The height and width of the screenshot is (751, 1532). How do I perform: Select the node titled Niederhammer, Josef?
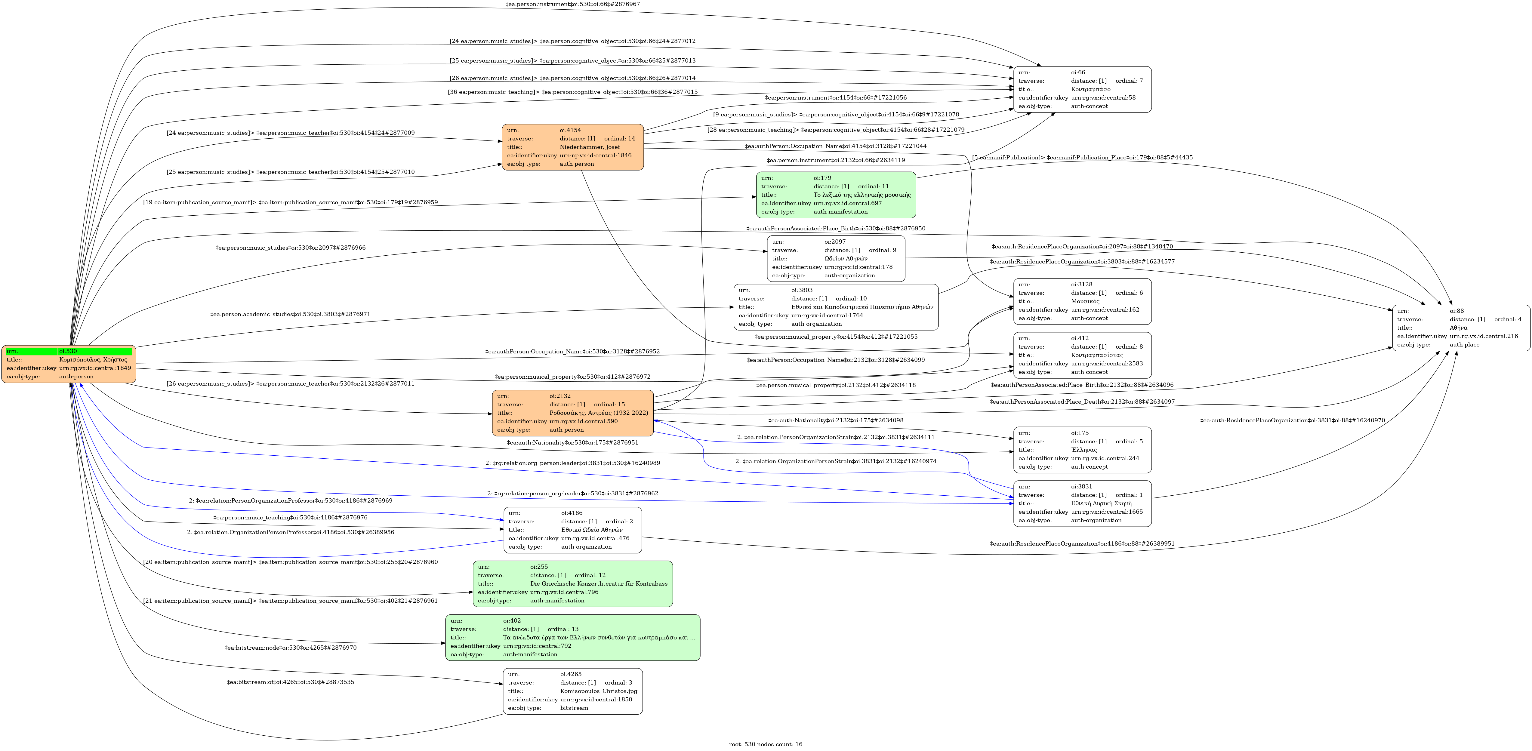(572, 147)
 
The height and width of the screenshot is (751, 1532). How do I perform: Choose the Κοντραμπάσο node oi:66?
(1082, 89)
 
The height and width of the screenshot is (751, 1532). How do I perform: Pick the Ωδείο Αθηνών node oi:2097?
(836, 258)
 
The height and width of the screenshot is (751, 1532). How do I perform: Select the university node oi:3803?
(836, 307)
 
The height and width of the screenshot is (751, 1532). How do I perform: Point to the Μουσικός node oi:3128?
(1082, 301)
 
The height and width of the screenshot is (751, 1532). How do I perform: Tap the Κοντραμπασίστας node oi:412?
(1082, 355)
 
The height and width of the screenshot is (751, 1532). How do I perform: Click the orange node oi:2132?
(572, 413)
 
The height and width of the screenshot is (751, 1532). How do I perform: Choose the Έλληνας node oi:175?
(1082, 450)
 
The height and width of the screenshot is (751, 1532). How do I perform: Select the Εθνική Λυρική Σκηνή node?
(1082, 503)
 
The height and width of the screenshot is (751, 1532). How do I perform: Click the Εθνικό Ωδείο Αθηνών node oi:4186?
(572, 530)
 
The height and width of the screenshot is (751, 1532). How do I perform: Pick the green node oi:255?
(572, 583)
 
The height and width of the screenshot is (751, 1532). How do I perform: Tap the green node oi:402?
(572, 637)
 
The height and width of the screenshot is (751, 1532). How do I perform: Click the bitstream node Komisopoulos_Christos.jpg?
(572, 691)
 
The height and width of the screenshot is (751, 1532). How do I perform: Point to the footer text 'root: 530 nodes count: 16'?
(766, 744)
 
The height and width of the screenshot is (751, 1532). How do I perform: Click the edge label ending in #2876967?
(572, 4)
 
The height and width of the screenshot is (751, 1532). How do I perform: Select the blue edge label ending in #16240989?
(572, 463)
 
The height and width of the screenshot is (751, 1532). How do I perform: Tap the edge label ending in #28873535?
(290, 682)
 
